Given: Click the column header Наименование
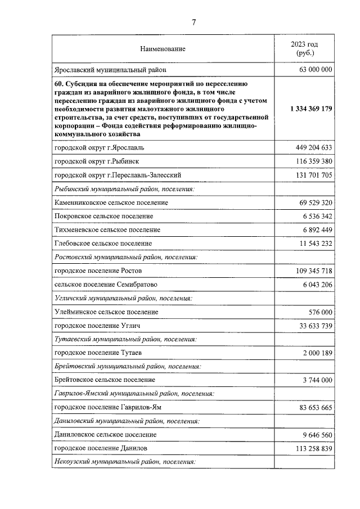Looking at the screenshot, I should click(163, 49).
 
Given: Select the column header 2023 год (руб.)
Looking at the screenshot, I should click(304, 48).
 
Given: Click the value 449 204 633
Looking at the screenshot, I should click(310, 148).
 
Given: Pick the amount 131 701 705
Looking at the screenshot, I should click(310, 175).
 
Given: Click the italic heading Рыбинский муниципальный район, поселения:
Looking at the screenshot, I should click(124, 190).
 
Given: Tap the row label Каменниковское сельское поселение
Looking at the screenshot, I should click(111, 202).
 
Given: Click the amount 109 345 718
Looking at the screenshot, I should click(310, 271).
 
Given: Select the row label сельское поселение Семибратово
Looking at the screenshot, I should click(105, 285).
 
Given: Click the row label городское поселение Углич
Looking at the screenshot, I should click(97, 326).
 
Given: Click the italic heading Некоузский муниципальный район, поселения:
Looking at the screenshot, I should click(124, 462).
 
